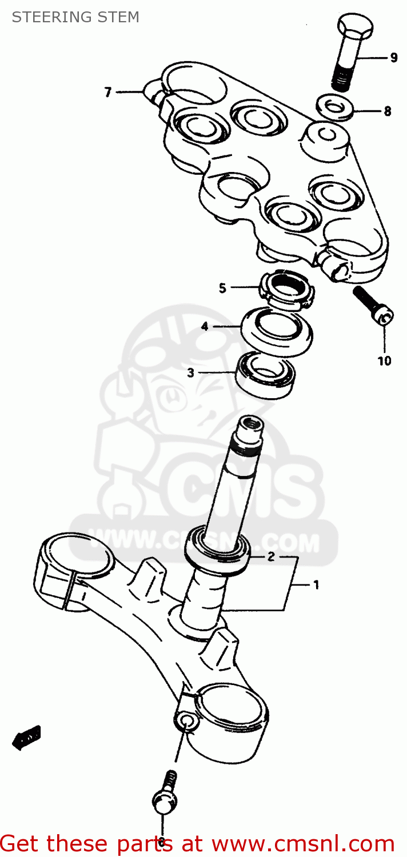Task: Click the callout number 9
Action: click(394, 57)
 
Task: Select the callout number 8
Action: click(388, 111)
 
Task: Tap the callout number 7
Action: click(108, 91)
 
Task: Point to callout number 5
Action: click(223, 288)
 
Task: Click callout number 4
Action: click(204, 327)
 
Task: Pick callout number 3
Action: click(190, 373)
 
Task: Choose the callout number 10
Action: click(384, 361)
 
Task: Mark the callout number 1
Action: click(316, 584)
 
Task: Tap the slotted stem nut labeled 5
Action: click(288, 289)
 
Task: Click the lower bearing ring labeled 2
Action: click(217, 548)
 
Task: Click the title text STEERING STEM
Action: click(75, 17)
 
